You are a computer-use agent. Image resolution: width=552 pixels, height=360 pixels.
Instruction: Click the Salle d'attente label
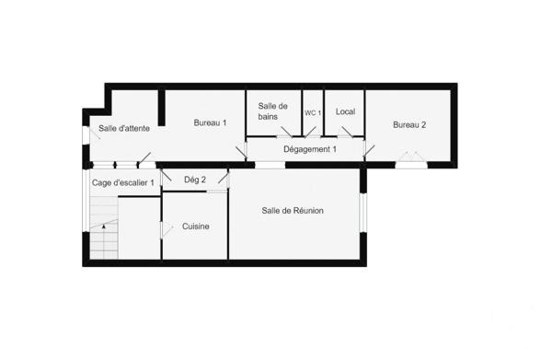(121, 128)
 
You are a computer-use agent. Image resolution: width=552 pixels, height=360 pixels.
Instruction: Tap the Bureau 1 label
(210, 122)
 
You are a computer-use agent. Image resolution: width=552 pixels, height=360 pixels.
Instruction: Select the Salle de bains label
(273, 111)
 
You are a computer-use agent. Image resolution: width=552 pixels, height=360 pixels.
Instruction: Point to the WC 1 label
(313, 112)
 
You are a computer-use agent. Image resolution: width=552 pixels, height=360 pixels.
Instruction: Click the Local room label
(345, 112)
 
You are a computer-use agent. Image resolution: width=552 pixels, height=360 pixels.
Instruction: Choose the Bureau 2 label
(409, 125)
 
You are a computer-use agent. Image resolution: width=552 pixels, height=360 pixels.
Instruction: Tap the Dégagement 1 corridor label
(309, 149)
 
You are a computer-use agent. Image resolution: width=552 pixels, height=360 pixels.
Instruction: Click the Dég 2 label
(195, 180)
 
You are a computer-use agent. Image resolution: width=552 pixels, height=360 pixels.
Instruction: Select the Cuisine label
(195, 226)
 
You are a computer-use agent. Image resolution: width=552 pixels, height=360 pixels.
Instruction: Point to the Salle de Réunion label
(293, 211)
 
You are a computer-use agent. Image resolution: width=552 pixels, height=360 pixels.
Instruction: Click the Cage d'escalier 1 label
(122, 182)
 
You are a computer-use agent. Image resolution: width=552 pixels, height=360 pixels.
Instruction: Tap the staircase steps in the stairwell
(103, 241)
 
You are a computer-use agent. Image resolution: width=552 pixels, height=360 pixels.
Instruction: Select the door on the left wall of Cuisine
(164, 228)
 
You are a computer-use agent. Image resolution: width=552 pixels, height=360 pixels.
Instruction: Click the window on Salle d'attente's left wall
(85, 134)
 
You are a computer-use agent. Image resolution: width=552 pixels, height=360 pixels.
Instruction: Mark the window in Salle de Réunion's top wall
(270, 166)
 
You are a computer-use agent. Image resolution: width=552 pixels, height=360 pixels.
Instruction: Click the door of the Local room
(346, 133)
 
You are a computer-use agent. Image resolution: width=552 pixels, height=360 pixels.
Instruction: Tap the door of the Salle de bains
(285, 134)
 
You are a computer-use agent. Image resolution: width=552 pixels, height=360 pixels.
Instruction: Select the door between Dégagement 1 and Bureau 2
(369, 148)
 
